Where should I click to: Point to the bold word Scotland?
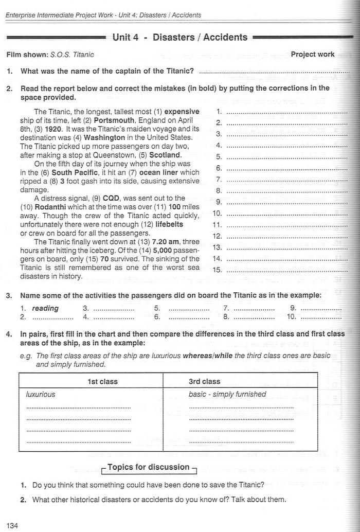coord(165,155)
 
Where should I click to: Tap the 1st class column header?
coord(102,381)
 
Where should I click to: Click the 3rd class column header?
coord(205,381)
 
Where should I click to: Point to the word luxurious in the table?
coord(41,395)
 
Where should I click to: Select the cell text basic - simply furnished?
coord(227,395)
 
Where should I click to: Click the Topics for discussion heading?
coord(149,467)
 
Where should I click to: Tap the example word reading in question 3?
coord(45,309)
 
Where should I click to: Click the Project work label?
coord(313,54)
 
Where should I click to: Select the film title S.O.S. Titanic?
coord(72,55)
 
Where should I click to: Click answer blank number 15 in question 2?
coord(285,270)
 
